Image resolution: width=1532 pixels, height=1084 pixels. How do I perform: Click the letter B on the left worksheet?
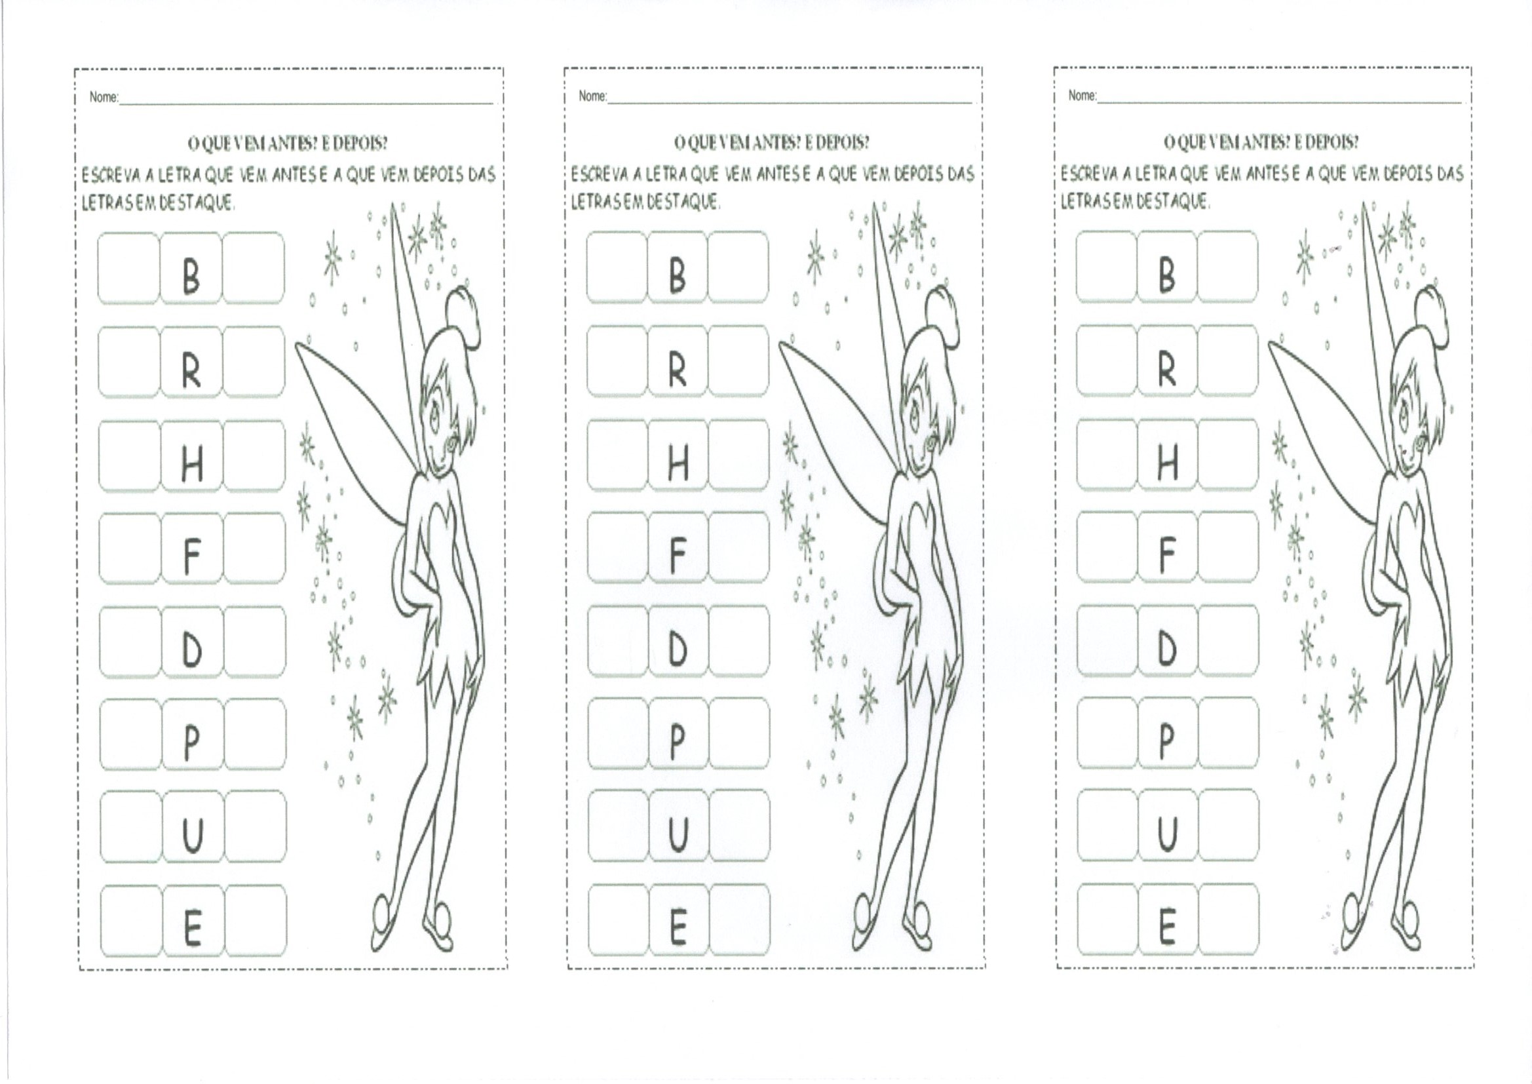tap(191, 277)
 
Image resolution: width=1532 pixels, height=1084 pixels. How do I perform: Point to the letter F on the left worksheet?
tap(191, 557)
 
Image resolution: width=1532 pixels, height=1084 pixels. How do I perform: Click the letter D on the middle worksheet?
tap(678, 649)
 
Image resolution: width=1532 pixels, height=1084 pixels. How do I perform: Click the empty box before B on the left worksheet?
tap(129, 267)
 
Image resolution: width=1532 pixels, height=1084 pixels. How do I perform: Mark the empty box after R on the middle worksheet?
tap(738, 360)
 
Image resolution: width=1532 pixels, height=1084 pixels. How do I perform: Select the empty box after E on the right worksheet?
tap(1229, 918)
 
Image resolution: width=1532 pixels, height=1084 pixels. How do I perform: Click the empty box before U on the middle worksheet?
tap(617, 826)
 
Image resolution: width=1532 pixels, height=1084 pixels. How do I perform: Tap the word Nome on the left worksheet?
tap(104, 98)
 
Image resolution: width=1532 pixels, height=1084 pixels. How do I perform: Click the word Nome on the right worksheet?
tap(1082, 96)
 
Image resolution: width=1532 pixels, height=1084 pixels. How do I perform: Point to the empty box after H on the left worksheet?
tap(254, 455)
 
